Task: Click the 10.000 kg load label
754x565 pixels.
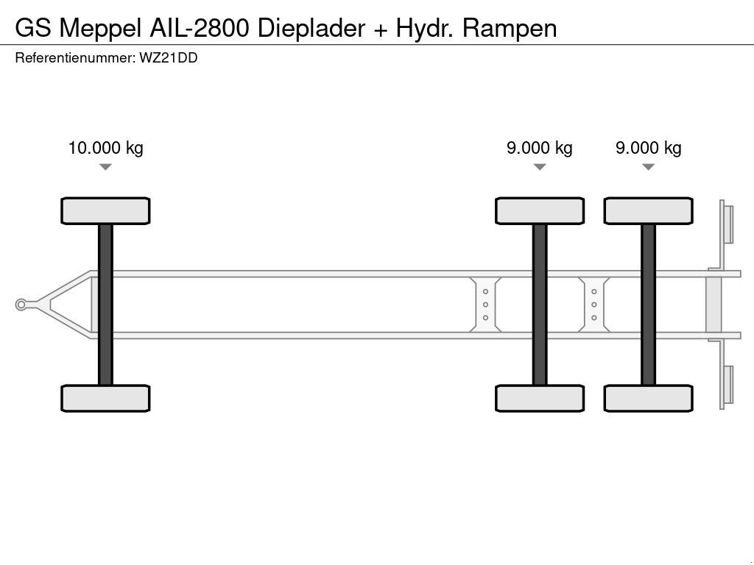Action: pyautogui.click(x=105, y=148)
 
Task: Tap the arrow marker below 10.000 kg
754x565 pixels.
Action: pyautogui.click(x=105, y=167)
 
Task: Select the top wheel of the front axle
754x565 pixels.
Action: pyautogui.click(x=105, y=211)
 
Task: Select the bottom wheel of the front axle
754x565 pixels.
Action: pyautogui.click(x=105, y=398)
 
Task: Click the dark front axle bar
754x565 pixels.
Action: pyautogui.click(x=105, y=305)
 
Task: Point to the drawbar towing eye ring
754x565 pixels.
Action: pyautogui.click(x=21, y=305)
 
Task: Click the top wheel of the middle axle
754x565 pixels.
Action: pyautogui.click(x=540, y=211)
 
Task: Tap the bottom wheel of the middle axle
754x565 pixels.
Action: pyautogui.click(x=540, y=398)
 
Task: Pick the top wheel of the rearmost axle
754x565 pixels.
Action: pyautogui.click(x=648, y=211)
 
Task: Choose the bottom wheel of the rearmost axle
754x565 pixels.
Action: pyautogui.click(x=648, y=398)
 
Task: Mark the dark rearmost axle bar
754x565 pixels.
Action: pyautogui.click(x=648, y=305)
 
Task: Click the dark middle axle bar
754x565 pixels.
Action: pyautogui.click(x=540, y=305)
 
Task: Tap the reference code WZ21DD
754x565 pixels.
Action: pyautogui.click(x=168, y=58)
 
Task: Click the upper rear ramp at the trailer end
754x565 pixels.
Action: pyautogui.click(x=727, y=223)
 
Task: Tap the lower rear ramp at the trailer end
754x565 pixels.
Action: pyautogui.click(x=727, y=386)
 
